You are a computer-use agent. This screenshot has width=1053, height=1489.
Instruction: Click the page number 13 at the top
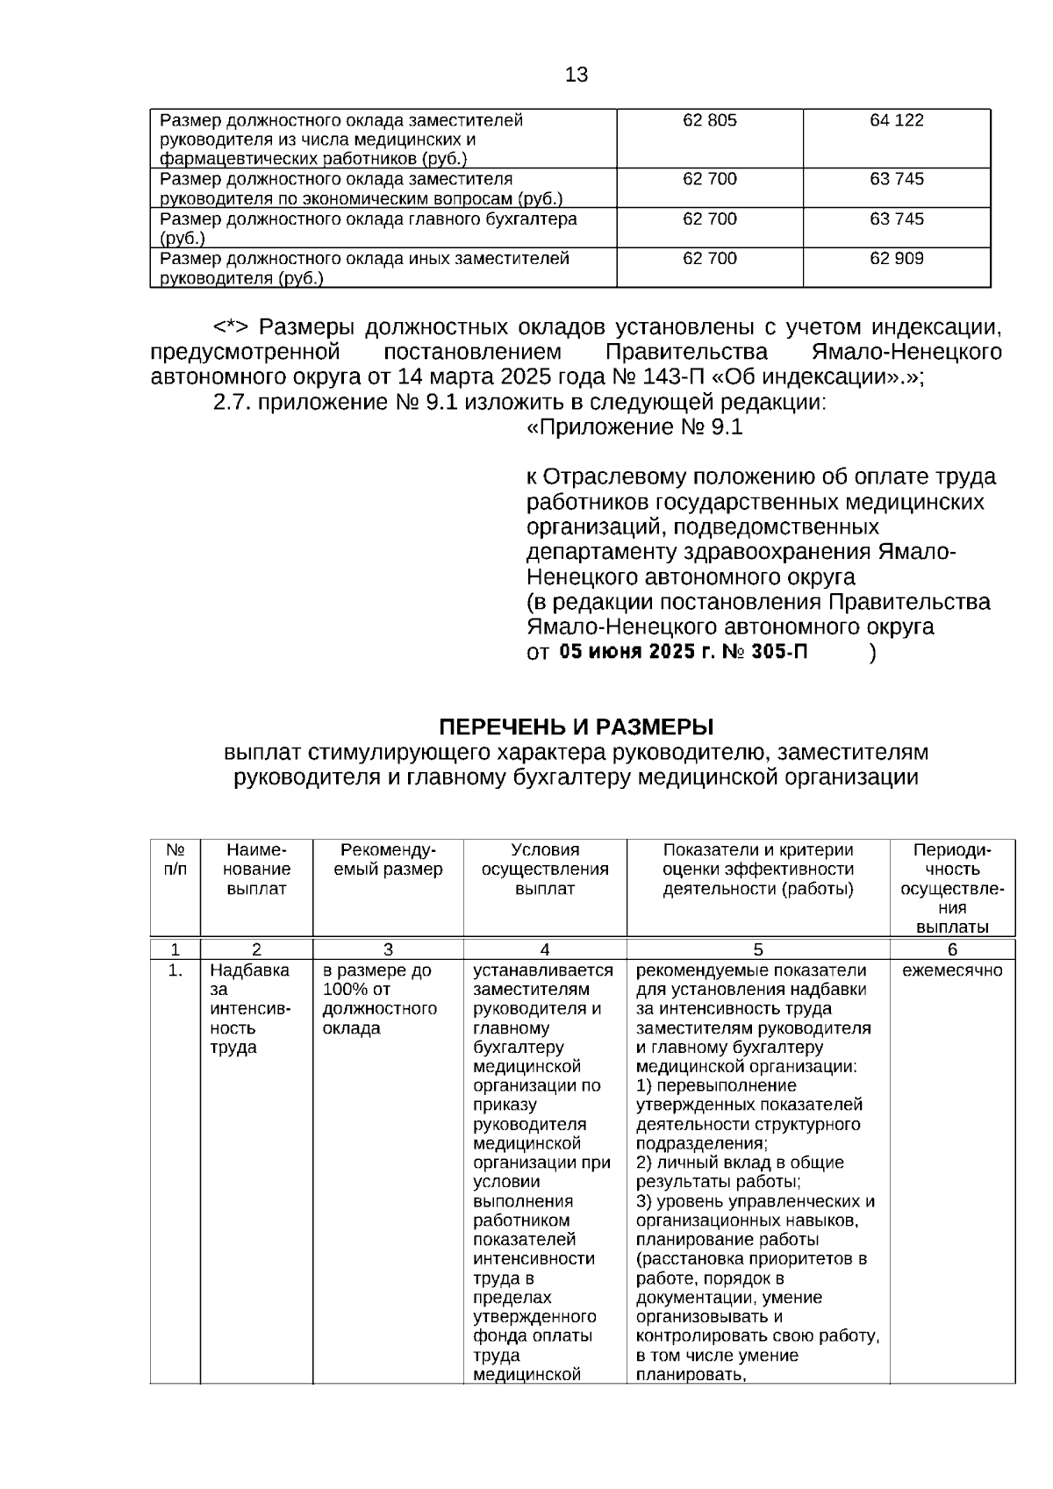pos(577,75)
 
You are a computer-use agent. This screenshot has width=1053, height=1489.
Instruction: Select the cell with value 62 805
pos(709,121)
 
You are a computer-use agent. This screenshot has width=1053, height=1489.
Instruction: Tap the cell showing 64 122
pos(896,121)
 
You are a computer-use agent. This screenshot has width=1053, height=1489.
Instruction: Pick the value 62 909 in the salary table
pos(896,259)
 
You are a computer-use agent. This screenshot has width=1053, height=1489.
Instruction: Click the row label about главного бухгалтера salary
pos(369,227)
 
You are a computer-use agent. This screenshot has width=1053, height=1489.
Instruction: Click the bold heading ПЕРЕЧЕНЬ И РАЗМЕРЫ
pos(576,727)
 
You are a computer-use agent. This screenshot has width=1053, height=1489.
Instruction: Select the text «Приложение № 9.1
pos(634,427)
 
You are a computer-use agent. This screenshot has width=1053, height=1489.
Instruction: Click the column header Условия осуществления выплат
pos(544,869)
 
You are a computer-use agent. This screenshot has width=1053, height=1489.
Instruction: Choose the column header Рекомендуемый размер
pos(388,860)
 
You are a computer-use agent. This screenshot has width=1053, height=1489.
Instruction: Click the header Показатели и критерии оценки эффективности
pos(757,869)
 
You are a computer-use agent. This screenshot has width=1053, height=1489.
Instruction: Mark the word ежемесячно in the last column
pos(951,970)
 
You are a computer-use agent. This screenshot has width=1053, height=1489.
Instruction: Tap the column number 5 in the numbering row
pos(758,949)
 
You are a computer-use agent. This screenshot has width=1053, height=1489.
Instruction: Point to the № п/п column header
pos(175,860)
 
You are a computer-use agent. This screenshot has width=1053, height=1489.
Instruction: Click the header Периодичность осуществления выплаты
pos(951,888)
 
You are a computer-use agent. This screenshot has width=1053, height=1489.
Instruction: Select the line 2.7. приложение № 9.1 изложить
pos(519,403)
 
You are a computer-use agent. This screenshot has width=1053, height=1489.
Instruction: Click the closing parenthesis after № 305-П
pos(871,653)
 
